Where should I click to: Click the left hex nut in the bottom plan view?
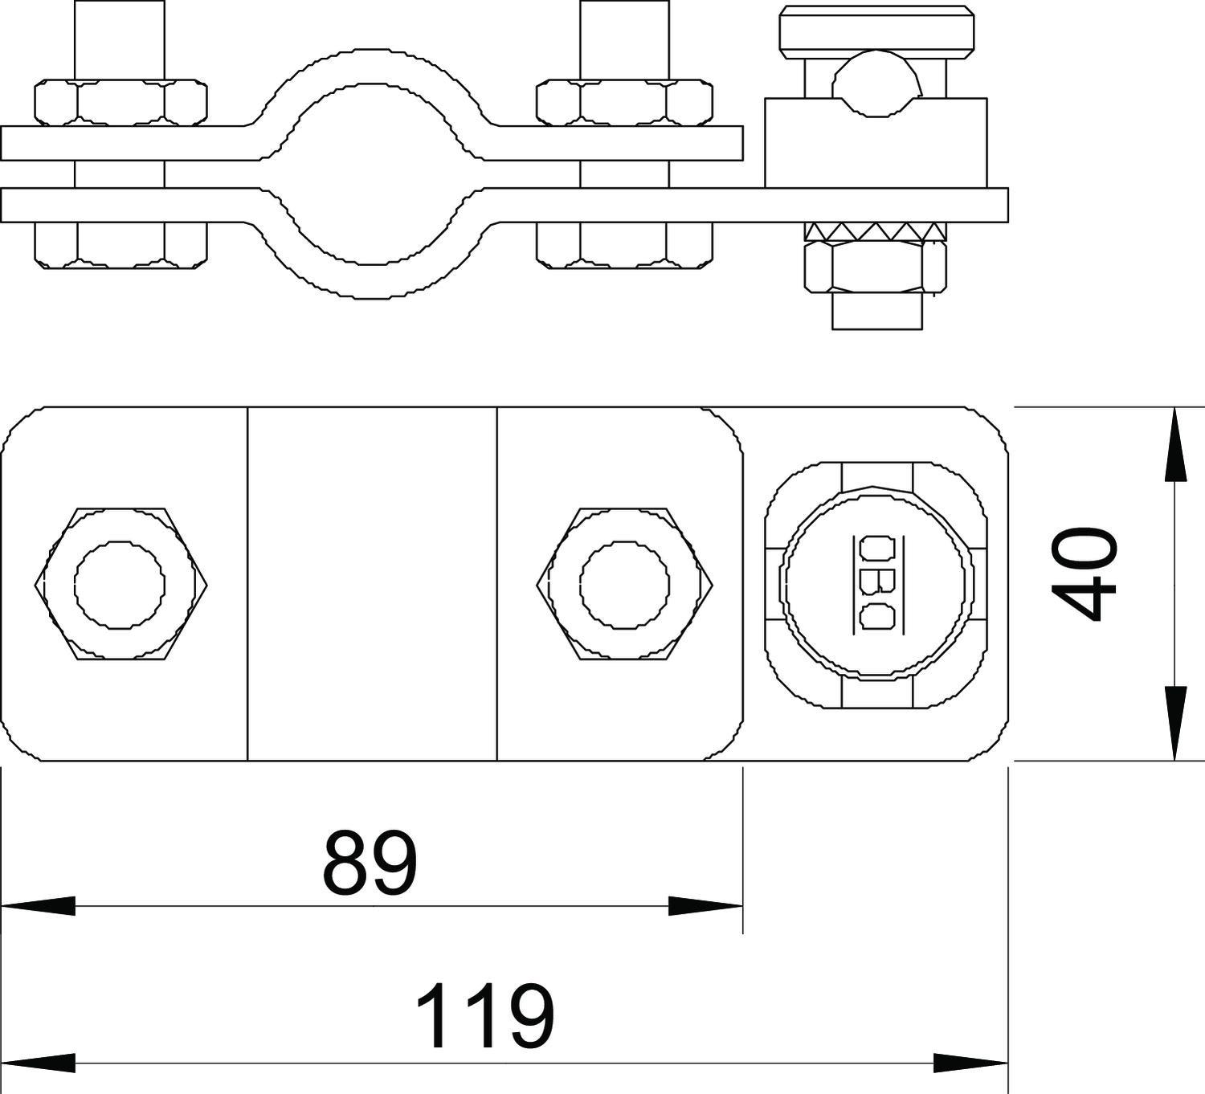pyautogui.click(x=120, y=585)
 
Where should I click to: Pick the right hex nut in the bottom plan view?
pyautogui.click(x=625, y=585)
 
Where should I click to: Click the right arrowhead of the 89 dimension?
pyautogui.click(x=706, y=906)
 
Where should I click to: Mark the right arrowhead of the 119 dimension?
pyautogui.click(x=970, y=1063)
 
